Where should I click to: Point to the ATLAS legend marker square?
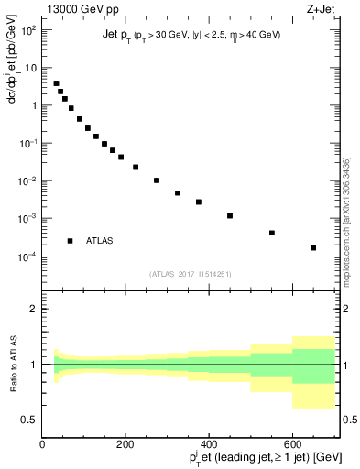[70, 241]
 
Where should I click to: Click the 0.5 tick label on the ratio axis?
[30, 420]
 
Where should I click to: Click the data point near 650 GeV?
[313, 247]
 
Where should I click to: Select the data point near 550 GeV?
[272, 233]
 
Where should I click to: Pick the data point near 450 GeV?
[230, 216]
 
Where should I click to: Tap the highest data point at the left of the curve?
[56, 83]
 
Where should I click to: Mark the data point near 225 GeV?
[136, 167]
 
